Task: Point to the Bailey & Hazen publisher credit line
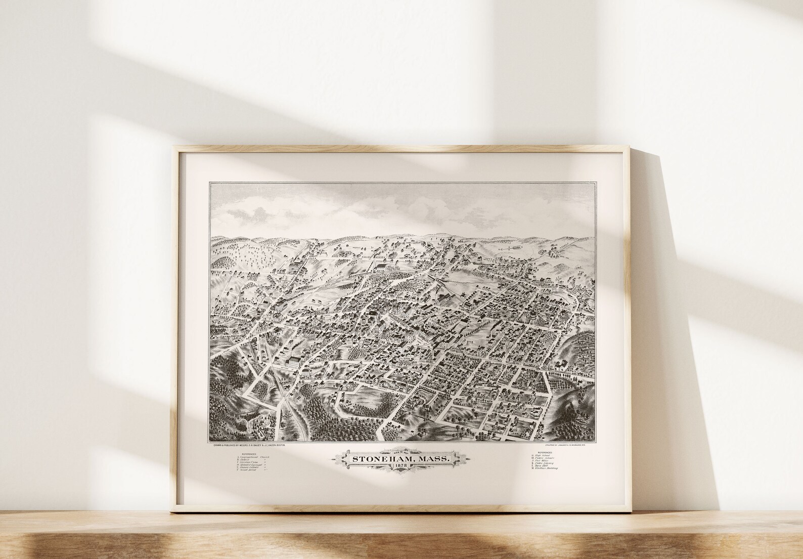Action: pos(249,445)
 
